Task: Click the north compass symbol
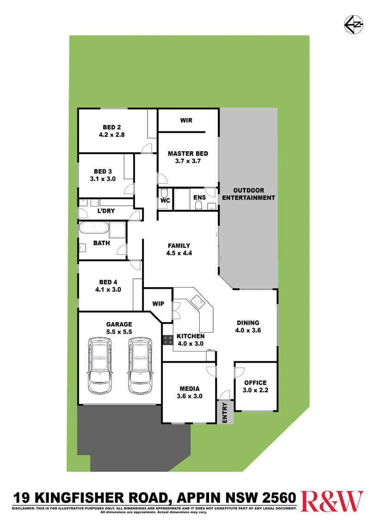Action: click(354, 25)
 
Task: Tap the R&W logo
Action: click(332, 501)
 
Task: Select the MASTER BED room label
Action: click(188, 154)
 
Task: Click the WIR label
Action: click(186, 120)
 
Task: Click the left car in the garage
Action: click(100, 365)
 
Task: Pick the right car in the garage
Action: click(140, 365)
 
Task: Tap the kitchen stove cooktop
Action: click(167, 340)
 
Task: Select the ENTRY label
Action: click(225, 413)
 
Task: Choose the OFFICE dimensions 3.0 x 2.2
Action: click(255, 390)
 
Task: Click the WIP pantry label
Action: click(158, 303)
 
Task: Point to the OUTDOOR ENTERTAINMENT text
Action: click(248, 194)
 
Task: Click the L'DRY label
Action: click(106, 210)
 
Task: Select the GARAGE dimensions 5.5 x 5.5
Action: click(119, 332)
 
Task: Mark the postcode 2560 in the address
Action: click(279, 498)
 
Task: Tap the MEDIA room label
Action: click(190, 389)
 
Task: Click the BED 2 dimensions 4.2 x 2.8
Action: click(112, 135)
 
